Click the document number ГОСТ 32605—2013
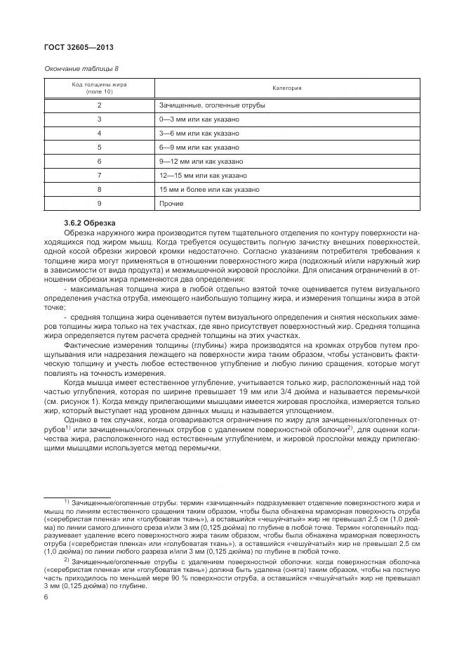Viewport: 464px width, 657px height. pyautogui.click(x=79, y=48)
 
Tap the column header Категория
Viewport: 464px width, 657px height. pyautogui.click(x=286, y=89)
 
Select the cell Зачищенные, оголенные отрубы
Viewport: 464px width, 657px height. pyautogui.click(x=211, y=105)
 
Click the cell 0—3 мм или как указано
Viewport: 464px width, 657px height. pyautogui.click(x=199, y=119)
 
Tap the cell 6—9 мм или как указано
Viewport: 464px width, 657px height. pyautogui.click(x=199, y=148)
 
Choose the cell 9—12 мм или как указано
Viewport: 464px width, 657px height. pyautogui.click(x=201, y=162)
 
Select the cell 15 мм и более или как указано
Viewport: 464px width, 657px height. pyautogui.click(x=209, y=190)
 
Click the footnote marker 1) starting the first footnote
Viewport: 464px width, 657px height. pyautogui.click(x=67, y=501)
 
